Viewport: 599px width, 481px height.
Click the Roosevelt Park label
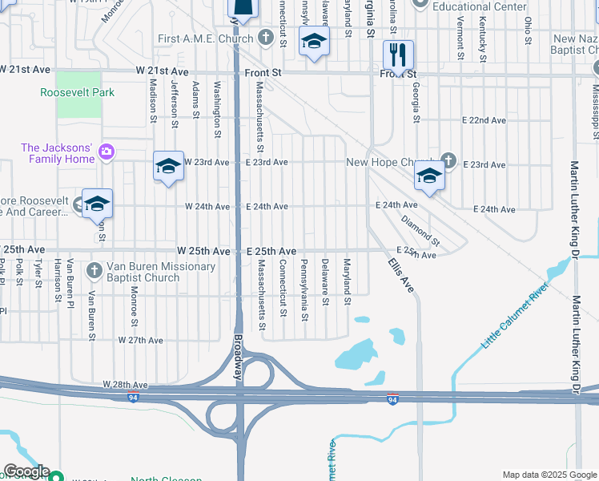(x=78, y=92)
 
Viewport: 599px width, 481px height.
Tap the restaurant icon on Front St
(x=398, y=55)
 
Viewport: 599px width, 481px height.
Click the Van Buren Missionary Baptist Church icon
(x=94, y=271)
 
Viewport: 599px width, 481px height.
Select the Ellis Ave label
(x=400, y=273)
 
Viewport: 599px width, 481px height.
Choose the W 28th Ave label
(x=126, y=386)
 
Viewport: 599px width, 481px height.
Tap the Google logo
(x=26, y=471)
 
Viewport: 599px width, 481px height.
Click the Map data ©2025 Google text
(x=549, y=475)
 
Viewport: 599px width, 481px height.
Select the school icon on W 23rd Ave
(x=168, y=166)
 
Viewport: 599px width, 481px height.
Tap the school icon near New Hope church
(x=429, y=176)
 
